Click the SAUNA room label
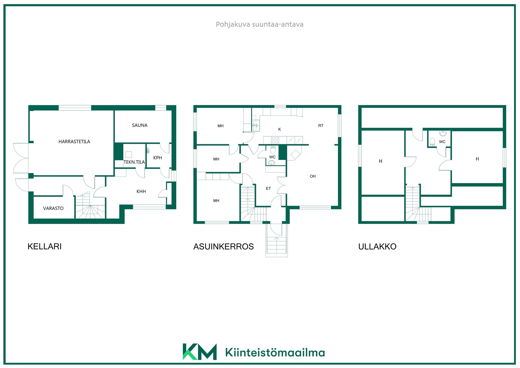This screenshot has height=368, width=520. [x=140, y=125]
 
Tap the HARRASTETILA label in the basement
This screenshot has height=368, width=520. [x=74, y=142]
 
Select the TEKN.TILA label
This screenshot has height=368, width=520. [x=134, y=162]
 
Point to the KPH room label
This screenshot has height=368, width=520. [x=158, y=158]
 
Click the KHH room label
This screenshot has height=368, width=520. [x=141, y=191]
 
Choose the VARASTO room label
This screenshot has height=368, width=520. [x=53, y=208]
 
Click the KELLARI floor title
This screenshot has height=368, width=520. [x=45, y=247]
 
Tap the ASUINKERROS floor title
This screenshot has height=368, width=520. [x=223, y=247]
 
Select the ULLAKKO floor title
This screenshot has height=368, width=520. [x=377, y=247]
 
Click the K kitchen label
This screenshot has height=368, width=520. [x=279, y=129]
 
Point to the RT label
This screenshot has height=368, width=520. [x=321, y=126]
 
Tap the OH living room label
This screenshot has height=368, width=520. [x=313, y=176]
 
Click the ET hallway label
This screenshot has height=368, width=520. [x=268, y=188]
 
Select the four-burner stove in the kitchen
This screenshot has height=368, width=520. [x=275, y=140]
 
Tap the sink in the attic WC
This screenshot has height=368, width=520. [x=443, y=133]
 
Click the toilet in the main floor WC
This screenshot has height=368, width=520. [x=273, y=150]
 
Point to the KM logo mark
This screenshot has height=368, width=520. [x=200, y=352]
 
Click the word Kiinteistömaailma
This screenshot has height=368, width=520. [x=275, y=353]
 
